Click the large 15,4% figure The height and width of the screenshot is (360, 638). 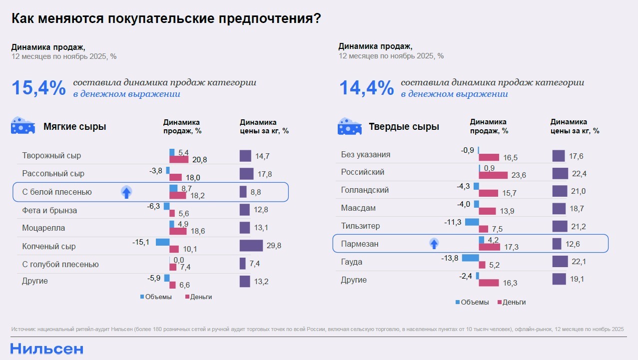click(38, 88)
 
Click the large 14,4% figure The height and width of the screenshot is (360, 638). click(366, 88)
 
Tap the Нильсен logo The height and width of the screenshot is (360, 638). click(47, 349)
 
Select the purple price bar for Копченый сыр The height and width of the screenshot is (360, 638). click(251, 246)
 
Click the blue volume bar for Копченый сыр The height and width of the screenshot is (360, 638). click(162, 242)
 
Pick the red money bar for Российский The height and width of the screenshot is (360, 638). click(493, 175)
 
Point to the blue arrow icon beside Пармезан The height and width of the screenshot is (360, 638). click(434, 244)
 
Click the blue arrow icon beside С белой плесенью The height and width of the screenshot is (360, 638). click(126, 192)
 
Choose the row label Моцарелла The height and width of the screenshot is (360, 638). click(43, 228)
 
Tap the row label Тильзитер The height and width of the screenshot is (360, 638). click(360, 226)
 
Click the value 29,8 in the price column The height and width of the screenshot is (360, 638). click(274, 246)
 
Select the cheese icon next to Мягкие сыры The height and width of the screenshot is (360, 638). click(23, 126)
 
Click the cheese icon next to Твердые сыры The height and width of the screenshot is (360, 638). click(350, 127)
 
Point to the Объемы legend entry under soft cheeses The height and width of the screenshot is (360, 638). click(156, 297)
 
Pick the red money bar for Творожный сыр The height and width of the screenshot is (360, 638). click(179, 160)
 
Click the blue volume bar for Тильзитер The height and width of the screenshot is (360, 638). click(472, 222)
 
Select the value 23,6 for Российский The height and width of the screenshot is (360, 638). click(518, 175)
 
